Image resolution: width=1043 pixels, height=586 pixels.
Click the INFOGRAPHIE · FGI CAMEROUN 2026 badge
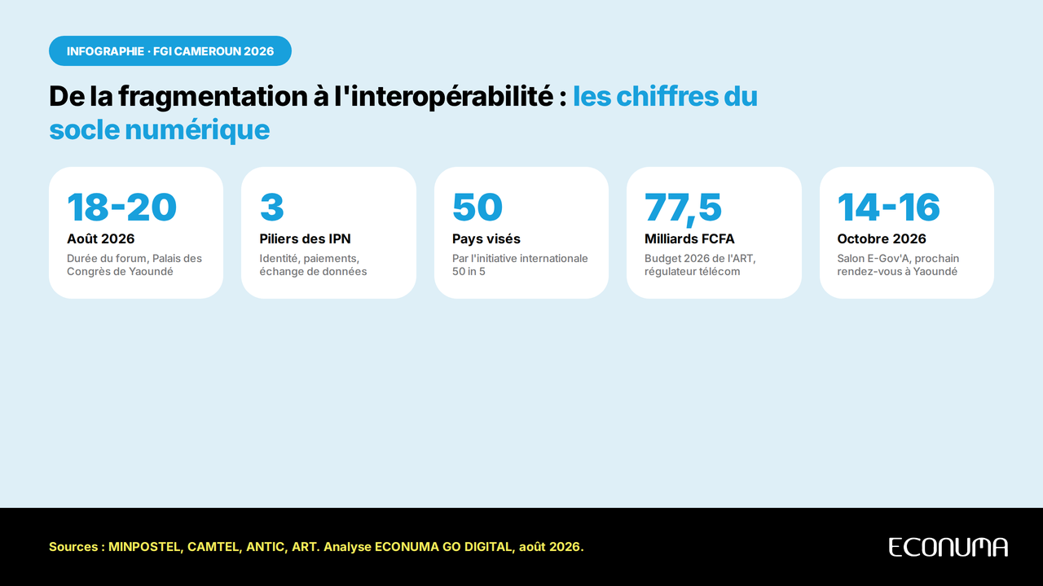point(170,50)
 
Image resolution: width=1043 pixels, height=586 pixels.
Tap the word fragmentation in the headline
point(213,97)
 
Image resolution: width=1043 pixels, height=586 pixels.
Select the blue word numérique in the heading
point(197,129)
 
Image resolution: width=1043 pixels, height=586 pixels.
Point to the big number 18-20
point(122,207)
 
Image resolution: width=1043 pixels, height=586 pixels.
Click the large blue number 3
point(272,207)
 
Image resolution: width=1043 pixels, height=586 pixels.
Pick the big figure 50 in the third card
point(477,207)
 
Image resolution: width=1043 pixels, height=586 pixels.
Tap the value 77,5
point(683,208)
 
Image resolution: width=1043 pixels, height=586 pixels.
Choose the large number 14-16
point(888,207)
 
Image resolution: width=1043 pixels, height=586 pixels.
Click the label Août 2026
point(100,238)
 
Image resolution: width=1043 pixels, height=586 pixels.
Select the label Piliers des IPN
point(305,238)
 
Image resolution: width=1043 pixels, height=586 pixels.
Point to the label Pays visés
point(486,239)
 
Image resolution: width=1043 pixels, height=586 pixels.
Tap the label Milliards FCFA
point(689,238)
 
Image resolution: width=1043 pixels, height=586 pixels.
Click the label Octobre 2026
point(882,238)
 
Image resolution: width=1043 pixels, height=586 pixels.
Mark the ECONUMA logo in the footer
point(948,547)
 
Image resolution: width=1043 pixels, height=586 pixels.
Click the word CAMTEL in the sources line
point(214,547)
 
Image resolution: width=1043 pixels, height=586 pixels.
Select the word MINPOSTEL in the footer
point(145,547)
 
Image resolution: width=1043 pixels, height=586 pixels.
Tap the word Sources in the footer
point(73,547)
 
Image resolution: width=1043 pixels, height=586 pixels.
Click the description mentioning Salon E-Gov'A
point(898,265)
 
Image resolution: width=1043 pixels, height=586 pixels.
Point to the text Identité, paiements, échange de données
point(313,265)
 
